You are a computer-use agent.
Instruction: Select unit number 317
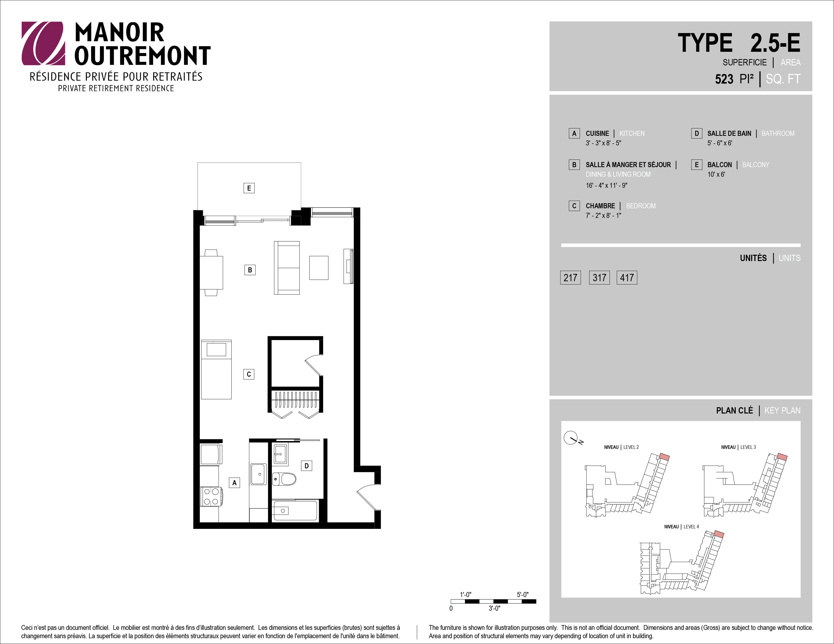(599, 277)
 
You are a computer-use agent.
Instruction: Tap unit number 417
(627, 277)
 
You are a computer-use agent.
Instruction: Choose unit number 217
(570, 277)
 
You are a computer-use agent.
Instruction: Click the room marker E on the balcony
(249, 188)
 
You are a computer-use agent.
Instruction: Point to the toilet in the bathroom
(284, 479)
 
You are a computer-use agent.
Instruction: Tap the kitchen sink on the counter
(258, 474)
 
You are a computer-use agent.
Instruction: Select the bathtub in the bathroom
(295, 510)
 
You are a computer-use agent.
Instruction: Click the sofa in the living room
(287, 268)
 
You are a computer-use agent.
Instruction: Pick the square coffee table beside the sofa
(319, 268)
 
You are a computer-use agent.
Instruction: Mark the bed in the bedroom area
(216, 370)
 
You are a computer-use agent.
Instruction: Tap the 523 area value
(724, 79)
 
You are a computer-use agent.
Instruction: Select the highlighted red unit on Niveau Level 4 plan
(719, 534)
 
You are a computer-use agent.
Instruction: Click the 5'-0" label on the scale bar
(523, 595)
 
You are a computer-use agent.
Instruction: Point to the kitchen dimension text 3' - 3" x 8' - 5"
(603, 143)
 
